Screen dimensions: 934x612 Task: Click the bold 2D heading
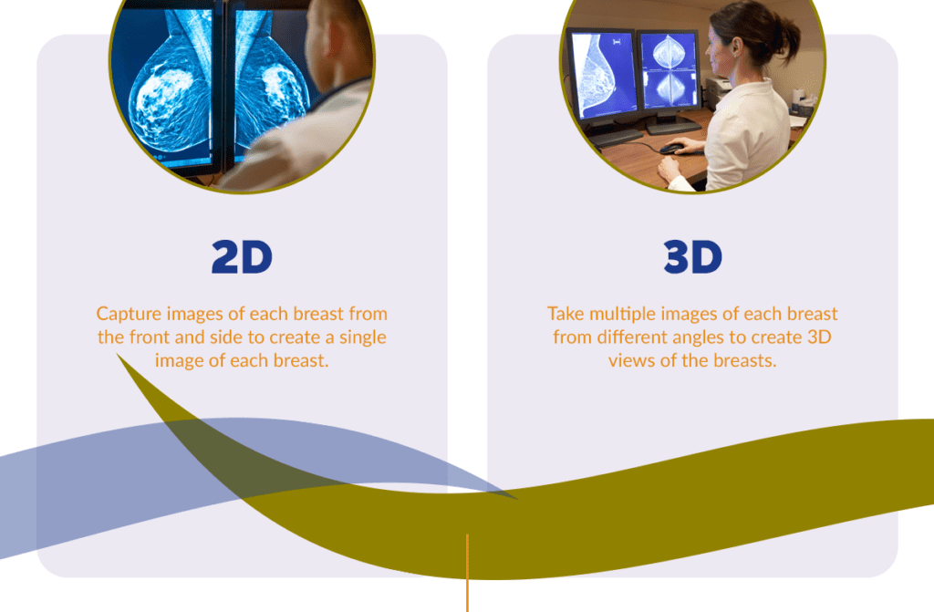coord(242,257)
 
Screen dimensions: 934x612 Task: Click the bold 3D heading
coord(693,257)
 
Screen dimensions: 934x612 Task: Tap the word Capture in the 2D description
coord(129,314)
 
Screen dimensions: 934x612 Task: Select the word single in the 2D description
coord(363,337)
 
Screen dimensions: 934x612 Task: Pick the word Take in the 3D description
coord(565,314)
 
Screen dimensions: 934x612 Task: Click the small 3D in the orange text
coord(819,337)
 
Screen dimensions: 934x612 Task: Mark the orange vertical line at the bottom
coord(468,574)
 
